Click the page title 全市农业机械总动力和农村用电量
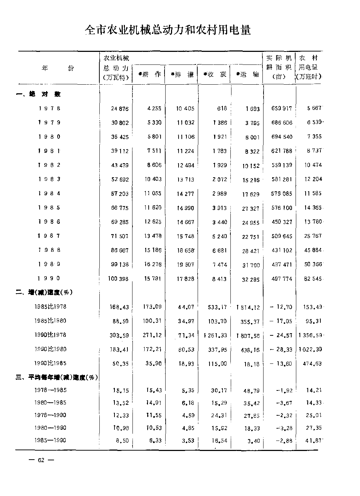(167, 30)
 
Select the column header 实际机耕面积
(279, 67)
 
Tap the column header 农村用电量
(309, 67)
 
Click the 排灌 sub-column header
(182, 75)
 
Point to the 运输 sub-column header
(247, 75)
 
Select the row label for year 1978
(49, 108)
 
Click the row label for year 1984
(49, 193)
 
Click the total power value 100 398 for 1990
(118, 278)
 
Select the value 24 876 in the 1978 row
(120, 109)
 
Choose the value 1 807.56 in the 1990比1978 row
(248, 335)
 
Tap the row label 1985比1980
(50, 321)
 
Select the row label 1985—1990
(50, 441)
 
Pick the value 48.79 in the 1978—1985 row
(251, 390)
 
